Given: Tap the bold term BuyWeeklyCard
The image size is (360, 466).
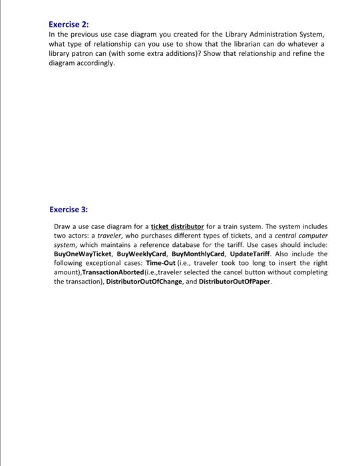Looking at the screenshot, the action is (135, 254).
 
